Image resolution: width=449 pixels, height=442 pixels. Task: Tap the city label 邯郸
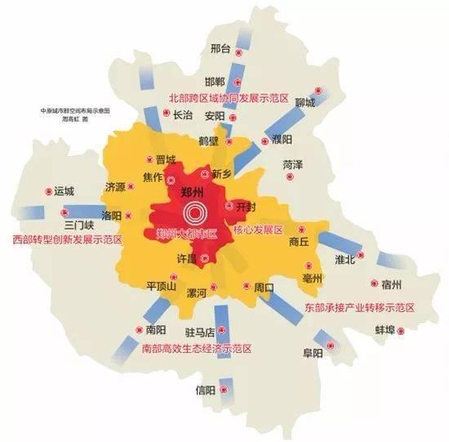click(214, 82)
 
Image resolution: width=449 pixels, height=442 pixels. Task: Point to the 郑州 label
click(193, 194)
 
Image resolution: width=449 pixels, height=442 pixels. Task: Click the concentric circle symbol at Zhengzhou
click(194, 215)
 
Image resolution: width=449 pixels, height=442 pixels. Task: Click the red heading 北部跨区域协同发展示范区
click(229, 97)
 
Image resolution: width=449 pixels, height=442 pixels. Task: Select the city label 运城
click(64, 191)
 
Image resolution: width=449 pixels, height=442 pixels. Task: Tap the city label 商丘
click(300, 242)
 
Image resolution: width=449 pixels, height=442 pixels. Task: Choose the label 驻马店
click(199, 333)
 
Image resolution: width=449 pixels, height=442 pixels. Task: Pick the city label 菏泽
click(292, 164)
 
